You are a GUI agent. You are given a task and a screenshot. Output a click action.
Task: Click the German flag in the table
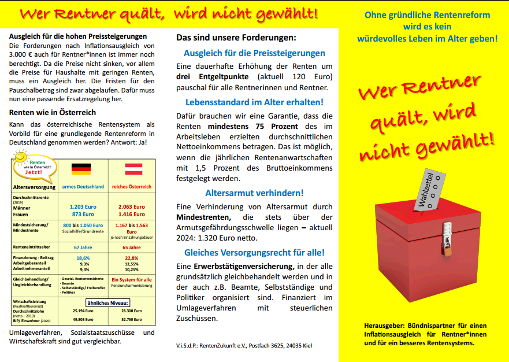point(81,169)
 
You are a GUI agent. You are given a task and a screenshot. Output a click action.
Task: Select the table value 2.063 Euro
point(131,206)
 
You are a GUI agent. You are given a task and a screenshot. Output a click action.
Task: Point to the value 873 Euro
point(83,214)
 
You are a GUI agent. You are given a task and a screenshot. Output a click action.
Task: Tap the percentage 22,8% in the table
point(131,258)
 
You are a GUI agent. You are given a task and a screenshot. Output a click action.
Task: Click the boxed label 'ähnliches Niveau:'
point(108,302)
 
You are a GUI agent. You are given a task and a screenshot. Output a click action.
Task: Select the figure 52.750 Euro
point(131,319)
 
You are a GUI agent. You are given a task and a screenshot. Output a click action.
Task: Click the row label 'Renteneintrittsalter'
point(32,247)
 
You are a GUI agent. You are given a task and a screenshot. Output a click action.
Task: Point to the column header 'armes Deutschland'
point(83,187)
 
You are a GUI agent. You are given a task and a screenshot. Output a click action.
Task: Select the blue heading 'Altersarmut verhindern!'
point(254,193)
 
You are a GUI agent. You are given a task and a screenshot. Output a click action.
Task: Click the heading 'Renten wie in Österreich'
point(53,112)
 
